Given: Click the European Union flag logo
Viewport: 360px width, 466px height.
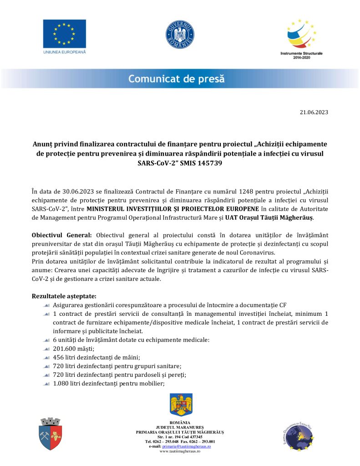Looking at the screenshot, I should [64, 34].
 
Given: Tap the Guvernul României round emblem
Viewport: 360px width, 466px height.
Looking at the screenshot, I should [180, 35].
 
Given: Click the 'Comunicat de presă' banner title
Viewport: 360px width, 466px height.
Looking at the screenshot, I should [177, 79].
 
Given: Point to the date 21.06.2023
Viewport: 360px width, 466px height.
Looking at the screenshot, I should [314, 112].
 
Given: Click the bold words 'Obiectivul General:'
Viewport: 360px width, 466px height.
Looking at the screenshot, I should [62, 235].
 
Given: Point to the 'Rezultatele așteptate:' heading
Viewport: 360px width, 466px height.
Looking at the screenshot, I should [64, 296].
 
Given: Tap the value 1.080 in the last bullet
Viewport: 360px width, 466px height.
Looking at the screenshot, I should [62, 383].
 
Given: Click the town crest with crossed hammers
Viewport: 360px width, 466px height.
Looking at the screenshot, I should [50, 434].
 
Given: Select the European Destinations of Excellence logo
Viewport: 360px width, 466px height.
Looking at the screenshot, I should [298, 436].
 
